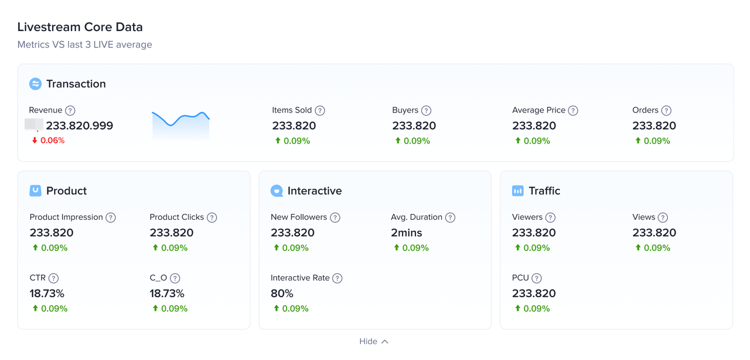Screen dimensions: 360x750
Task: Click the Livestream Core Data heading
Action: [x=80, y=27]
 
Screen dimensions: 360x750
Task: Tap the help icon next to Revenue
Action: [x=70, y=110]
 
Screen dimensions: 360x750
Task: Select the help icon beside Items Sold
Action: [x=320, y=110]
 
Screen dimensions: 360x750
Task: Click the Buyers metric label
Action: [x=405, y=110]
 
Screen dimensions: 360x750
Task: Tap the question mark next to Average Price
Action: [x=573, y=110]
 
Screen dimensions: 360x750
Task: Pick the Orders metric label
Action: [x=645, y=110]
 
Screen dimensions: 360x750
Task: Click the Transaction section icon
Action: [x=35, y=84]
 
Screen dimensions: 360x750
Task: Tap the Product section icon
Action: [x=35, y=191]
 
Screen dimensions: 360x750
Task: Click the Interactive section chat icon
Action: [x=277, y=191]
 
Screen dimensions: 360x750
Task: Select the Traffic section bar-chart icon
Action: [x=518, y=191]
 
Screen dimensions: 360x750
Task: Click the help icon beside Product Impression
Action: [x=111, y=218]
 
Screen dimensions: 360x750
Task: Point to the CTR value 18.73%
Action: [x=47, y=293]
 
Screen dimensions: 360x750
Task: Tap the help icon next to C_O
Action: [x=175, y=279]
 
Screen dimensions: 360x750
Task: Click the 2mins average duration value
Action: [x=407, y=233]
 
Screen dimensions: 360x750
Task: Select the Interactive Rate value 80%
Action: [x=282, y=293]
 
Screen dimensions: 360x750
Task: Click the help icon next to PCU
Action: [x=537, y=279]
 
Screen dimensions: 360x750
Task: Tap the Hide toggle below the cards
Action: [x=374, y=341]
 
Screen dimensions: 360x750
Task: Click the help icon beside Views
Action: [x=663, y=218]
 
